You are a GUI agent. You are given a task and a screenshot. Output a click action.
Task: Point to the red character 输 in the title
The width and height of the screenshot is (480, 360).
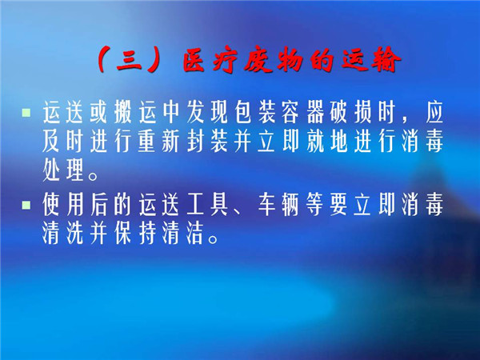pyautogui.click(x=386, y=60)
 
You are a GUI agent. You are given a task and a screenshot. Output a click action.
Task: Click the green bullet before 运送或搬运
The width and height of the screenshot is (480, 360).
pyautogui.click(x=26, y=112)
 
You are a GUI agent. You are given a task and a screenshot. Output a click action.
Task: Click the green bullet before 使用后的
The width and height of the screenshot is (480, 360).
pyautogui.click(x=26, y=205)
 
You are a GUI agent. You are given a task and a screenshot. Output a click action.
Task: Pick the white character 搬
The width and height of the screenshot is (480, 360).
pyautogui.click(x=122, y=112)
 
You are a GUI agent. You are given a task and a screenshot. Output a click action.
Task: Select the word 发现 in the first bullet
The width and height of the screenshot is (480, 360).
pyautogui.click(x=207, y=112)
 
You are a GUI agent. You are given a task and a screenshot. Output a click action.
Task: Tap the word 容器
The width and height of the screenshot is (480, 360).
pyautogui.click(x=303, y=112)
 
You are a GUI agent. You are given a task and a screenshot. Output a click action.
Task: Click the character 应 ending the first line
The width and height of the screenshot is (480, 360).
pyautogui.click(x=434, y=112)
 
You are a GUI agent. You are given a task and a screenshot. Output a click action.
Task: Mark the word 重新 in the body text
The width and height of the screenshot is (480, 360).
pyautogui.click(x=159, y=142)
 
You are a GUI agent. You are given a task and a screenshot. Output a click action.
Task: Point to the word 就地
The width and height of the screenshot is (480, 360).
pyautogui.click(x=327, y=142)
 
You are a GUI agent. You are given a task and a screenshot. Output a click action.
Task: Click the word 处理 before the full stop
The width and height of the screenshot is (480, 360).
pyautogui.click(x=63, y=170)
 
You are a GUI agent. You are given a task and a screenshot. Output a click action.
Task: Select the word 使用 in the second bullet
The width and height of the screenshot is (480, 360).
pyautogui.click(x=63, y=205)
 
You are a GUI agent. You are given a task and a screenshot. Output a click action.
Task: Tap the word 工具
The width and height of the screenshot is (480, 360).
pyautogui.click(x=207, y=205)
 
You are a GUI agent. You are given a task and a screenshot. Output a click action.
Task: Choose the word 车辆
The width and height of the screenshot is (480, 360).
pyautogui.click(x=279, y=205)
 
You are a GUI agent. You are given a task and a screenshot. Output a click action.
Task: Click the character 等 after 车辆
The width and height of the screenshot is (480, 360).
pyautogui.click(x=315, y=205)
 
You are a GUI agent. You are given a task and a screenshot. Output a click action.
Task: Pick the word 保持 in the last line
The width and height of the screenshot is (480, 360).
pyautogui.click(x=135, y=234)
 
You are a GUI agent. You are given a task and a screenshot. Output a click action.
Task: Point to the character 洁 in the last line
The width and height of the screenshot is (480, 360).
pyautogui.click(x=195, y=234)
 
